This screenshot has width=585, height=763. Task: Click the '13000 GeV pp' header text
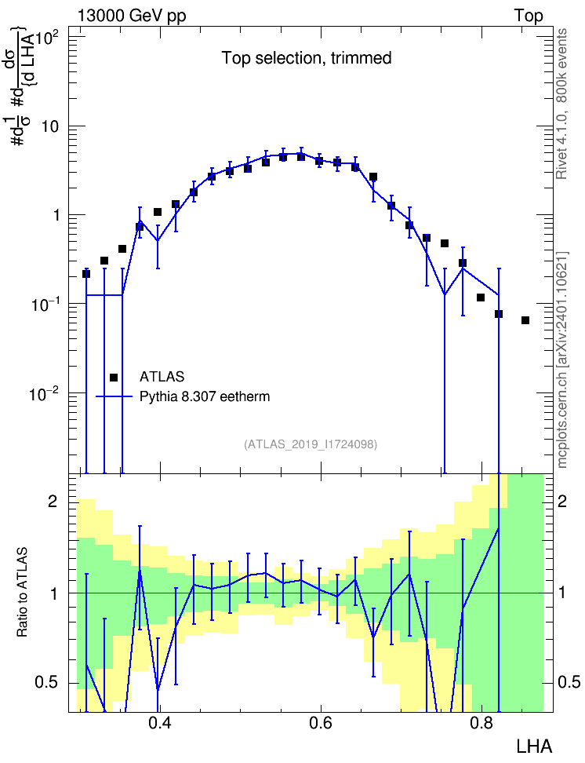coord(131,16)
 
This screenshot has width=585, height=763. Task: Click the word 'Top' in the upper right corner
coord(528,16)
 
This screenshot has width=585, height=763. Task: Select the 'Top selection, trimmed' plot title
coord(307,58)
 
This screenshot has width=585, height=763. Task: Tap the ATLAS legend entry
coord(162,377)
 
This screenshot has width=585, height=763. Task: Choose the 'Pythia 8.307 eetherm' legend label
coord(205,396)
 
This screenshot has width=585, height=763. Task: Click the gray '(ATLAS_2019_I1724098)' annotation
coord(311,444)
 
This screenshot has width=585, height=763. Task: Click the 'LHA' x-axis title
coord(534,747)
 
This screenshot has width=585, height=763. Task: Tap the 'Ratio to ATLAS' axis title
coord(22,592)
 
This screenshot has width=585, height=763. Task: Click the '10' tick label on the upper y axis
coord(50,126)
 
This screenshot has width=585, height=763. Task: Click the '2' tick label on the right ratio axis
coord(562,501)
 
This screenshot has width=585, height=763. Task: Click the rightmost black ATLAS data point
coord(525,320)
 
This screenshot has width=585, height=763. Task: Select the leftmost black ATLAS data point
coord(86,274)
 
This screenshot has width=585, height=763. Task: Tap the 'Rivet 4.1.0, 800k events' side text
coord(561,104)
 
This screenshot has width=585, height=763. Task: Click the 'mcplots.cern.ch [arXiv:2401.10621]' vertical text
coord(561,360)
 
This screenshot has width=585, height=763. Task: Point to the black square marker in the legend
coord(114,377)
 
